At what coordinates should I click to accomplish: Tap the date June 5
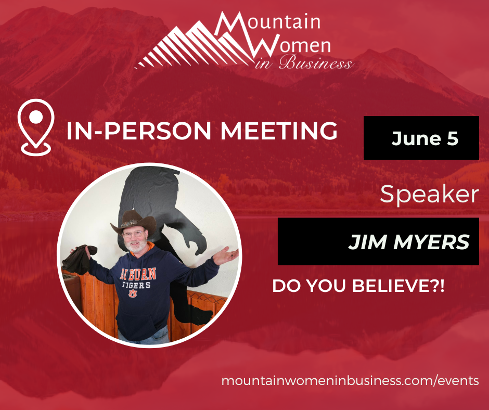(x=425, y=138)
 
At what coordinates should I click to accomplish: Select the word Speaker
(x=429, y=194)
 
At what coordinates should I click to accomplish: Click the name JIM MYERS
(x=409, y=242)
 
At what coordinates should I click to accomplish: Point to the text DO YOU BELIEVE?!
(x=358, y=286)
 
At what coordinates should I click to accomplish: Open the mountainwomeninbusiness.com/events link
(x=350, y=381)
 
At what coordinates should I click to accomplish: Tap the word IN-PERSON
(x=139, y=131)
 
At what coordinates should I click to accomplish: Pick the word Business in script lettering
(x=316, y=62)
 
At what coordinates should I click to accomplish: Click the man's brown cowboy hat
(x=134, y=222)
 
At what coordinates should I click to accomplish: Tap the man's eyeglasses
(x=134, y=234)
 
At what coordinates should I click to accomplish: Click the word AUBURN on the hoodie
(x=138, y=274)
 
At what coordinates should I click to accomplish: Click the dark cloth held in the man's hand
(x=79, y=260)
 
